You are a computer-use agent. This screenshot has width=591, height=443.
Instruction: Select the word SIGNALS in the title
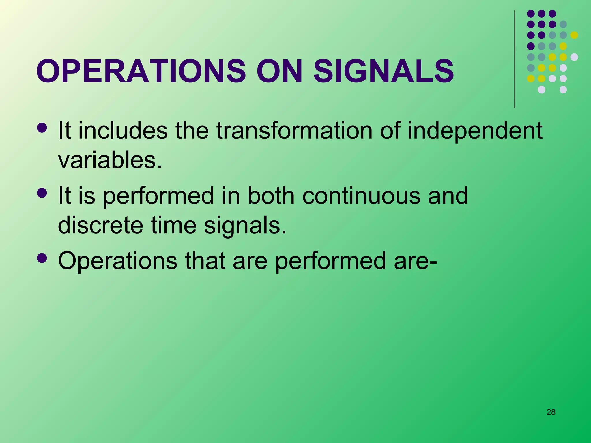tap(384, 71)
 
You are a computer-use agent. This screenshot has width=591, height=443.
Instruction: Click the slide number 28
tap(551, 412)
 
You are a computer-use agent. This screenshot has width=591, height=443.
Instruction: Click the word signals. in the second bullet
tap(245, 225)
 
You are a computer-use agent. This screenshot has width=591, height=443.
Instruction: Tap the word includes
tap(123, 131)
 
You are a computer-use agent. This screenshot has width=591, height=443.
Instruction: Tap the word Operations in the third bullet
tap(117, 261)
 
